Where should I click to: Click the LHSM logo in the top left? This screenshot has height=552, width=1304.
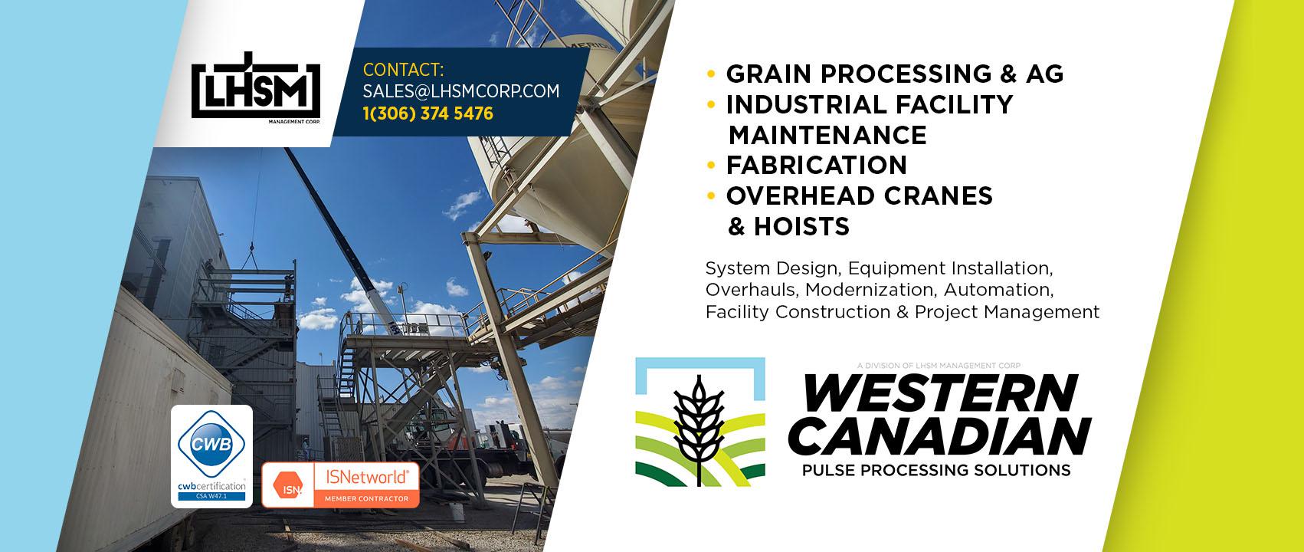[256, 87]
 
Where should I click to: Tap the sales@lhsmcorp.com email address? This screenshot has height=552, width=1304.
[461, 91]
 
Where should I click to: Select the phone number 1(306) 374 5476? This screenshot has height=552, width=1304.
[428, 113]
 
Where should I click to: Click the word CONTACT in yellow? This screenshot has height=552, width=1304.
[403, 70]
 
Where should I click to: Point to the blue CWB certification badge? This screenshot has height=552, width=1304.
[211, 456]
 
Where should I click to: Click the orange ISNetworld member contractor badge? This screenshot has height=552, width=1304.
[340, 485]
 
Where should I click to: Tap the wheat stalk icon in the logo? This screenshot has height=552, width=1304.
[700, 430]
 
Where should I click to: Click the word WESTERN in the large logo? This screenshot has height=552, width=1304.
[940, 393]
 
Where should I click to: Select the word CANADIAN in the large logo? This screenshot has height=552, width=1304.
[940, 436]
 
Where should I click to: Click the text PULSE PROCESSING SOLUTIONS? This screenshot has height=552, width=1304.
[936, 470]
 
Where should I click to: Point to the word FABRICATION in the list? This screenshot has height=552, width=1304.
[816, 166]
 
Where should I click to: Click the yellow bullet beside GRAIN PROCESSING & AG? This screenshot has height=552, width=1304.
[710, 74]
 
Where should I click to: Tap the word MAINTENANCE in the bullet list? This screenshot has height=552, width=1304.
[827, 135]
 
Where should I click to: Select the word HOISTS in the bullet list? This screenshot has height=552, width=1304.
[801, 226]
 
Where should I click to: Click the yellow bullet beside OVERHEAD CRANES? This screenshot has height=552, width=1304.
[710, 195]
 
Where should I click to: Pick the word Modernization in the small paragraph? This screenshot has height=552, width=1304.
[871, 290]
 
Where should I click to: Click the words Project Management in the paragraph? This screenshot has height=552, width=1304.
[1007, 313]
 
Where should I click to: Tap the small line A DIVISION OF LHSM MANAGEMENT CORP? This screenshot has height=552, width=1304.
[939, 366]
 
